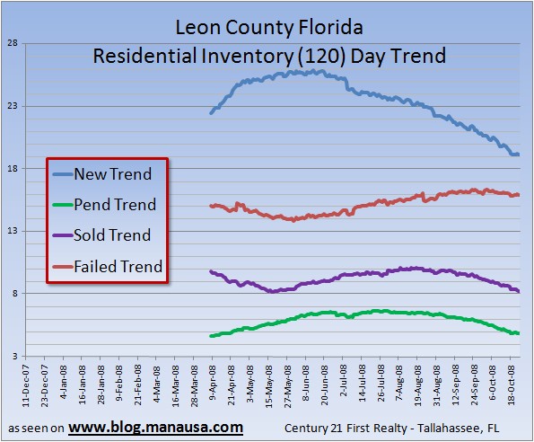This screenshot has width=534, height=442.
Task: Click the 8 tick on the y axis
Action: [x=13, y=293]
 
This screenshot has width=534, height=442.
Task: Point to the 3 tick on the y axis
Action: [x=13, y=356]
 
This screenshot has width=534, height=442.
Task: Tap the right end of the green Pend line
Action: [x=519, y=333]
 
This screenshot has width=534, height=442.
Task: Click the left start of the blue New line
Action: [x=210, y=113]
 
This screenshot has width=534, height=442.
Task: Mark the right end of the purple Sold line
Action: [x=519, y=291]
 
